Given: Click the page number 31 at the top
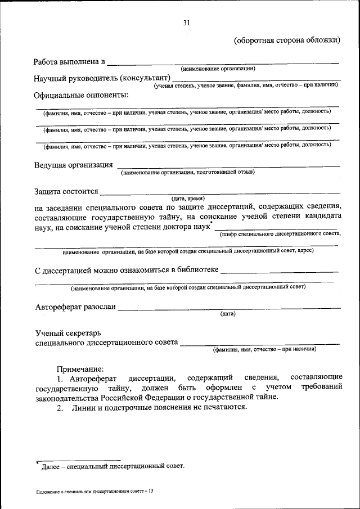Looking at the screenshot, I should (186, 22).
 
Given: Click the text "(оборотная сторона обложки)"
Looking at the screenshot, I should (287, 40).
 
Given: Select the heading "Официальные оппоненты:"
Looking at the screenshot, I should (81, 94).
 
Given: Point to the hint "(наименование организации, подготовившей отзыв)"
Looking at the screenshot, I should (187, 172).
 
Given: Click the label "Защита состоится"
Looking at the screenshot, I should (66, 192).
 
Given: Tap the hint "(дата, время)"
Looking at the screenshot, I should (188, 199).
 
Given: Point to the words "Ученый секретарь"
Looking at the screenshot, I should (67, 333).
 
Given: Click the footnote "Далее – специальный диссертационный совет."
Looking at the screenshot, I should (111, 466).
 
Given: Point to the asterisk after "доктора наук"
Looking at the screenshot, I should (211, 224).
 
